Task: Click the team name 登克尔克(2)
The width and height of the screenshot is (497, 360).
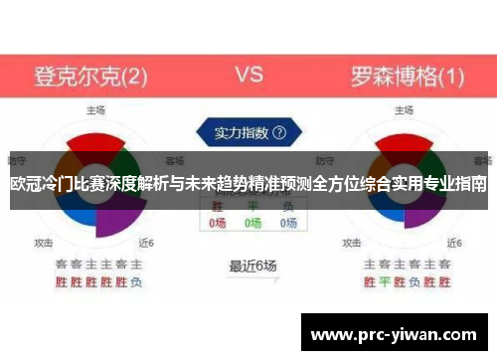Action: [90, 75]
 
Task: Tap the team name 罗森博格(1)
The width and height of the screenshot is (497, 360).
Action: [407, 75]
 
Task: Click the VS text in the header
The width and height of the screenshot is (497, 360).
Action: [248, 75]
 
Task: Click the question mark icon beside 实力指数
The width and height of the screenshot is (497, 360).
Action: [279, 131]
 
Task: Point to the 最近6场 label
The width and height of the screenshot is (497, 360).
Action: [252, 266]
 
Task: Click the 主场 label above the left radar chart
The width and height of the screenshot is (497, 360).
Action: [95, 109]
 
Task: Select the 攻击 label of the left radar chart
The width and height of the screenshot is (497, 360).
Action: [44, 242]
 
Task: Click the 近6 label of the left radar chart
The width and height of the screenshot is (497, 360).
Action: [146, 242]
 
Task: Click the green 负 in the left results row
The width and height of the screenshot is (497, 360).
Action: [136, 281]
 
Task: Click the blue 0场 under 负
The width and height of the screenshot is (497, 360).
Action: [288, 224]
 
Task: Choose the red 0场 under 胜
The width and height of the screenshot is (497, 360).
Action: [218, 224]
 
